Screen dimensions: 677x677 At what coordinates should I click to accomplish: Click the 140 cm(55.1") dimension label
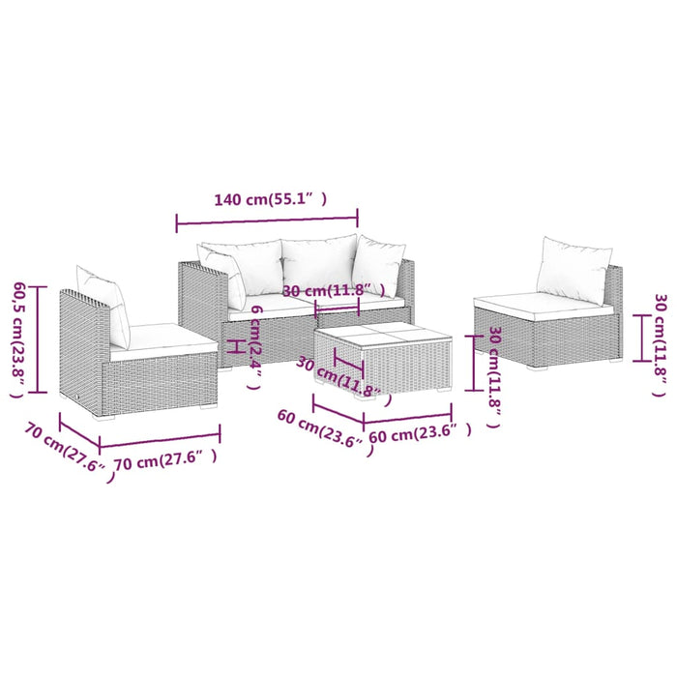pyautogui.click(x=270, y=200)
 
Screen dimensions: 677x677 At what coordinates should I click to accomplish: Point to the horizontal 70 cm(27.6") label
pyautogui.click(x=164, y=461)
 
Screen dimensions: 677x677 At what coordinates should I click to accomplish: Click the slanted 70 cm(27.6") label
pyautogui.click(x=66, y=450)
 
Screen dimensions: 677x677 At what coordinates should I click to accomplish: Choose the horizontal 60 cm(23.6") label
pyautogui.click(x=420, y=434)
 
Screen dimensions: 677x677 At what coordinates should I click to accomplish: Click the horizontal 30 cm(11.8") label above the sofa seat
pyautogui.click(x=334, y=290)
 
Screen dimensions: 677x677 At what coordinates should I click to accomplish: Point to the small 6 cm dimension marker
pyautogui.click(x=231, y=345)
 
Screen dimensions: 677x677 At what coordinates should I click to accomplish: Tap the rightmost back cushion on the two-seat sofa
pyautogui.click(x=378, y=265)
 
